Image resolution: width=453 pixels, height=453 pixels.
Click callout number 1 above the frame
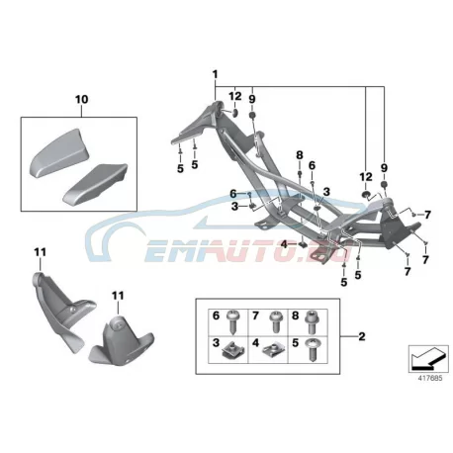[x=216, y=74]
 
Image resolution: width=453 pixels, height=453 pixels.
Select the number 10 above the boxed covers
[x=82, y=99]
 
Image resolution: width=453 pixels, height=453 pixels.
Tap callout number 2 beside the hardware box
[x=362, y=336]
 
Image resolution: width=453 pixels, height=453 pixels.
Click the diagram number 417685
[x=430, y=379]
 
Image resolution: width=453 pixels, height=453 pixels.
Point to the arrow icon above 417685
[x=428, y=359]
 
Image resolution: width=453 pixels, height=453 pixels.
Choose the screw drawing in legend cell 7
[x=274, y=321]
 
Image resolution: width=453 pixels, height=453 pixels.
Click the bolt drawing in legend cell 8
[x=312, y=321]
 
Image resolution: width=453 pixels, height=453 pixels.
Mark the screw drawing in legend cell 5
[x=312, y=350]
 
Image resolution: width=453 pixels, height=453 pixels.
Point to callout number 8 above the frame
[x=300, y=154]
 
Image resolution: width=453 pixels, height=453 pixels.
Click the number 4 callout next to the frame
[x=284, y=244]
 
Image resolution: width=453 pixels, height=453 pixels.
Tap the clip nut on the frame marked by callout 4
[x=303, y=244]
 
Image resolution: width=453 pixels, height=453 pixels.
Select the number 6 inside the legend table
[x=216, y=316]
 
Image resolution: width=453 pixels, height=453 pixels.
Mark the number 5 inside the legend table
[x=296, y=343]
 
